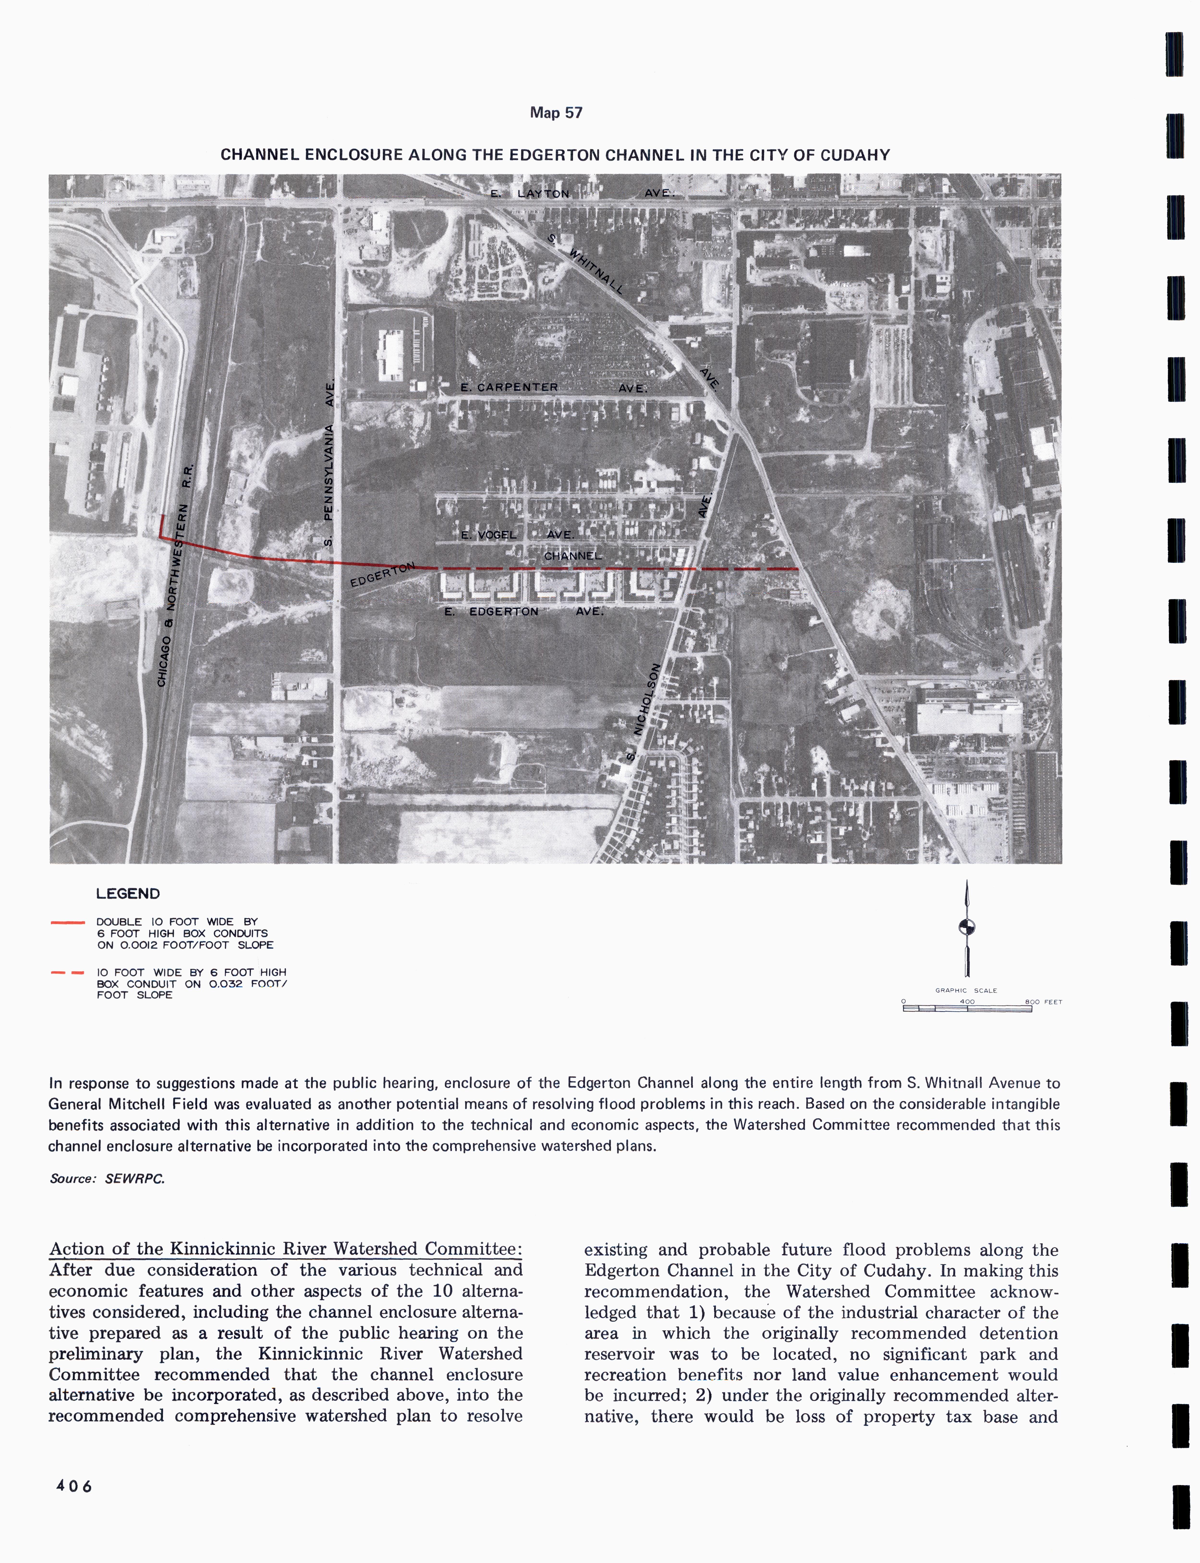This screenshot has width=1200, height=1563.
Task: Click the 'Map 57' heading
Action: (556, 113)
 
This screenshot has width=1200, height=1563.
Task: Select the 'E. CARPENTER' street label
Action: (509, 387)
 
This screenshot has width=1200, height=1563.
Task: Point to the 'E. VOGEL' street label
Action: (489, 535)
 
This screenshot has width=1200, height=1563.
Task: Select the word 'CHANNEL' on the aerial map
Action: (573, 556)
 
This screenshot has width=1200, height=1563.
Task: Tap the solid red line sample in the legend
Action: (68, 923)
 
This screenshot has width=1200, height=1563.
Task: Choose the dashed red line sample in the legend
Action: (68, 973)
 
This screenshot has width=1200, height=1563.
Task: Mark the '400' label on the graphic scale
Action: (966, 1002)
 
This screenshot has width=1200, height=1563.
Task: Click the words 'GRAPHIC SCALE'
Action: (966, 991)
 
